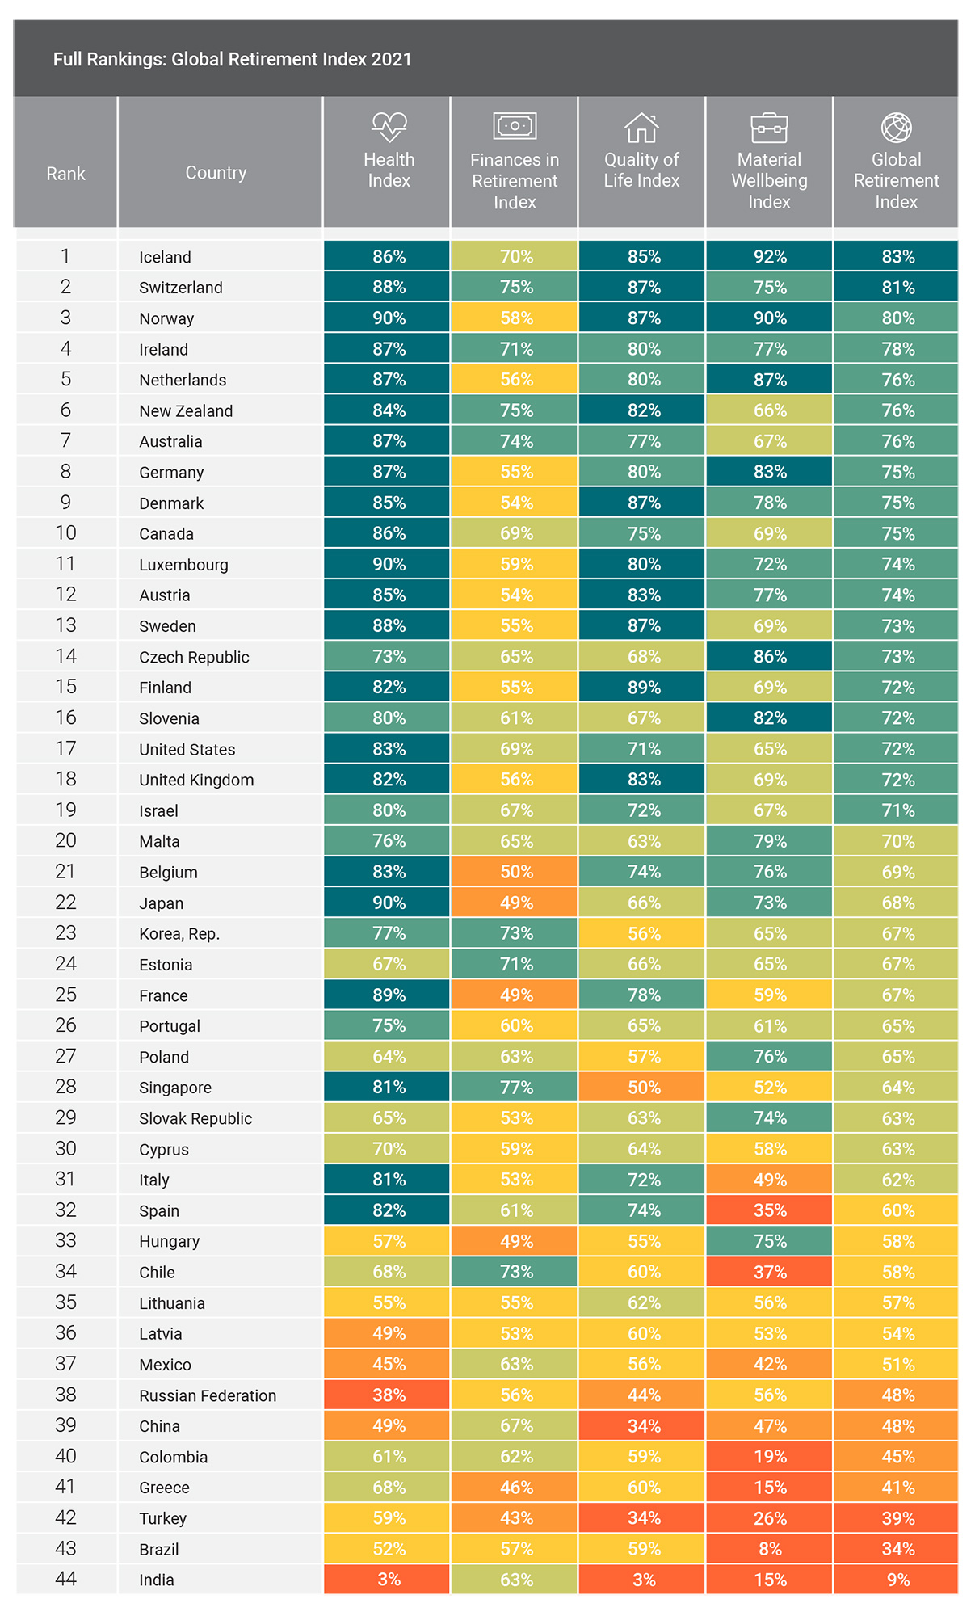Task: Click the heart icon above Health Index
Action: click(389, 126)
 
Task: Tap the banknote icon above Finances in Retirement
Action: click(515, 125)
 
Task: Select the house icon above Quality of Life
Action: click(641, 127)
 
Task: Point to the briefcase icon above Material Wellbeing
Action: click(769, 127)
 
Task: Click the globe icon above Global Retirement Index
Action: click(897, 127)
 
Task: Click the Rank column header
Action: click(65, 174)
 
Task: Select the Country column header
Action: click(216, 173)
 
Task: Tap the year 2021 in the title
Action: click(392, 59)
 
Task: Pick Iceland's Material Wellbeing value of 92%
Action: click(770, 256)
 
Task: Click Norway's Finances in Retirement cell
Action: click(515, 318)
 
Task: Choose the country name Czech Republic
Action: click(194, 657)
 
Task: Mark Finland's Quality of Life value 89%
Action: click(644, 688)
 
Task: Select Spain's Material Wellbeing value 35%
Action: click(770, 1210)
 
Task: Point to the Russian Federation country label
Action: click(208, 1395)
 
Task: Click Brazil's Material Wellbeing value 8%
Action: click(770, 1549)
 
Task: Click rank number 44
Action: click(65, 1579)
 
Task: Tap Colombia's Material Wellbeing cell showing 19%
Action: click(769, 1457)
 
